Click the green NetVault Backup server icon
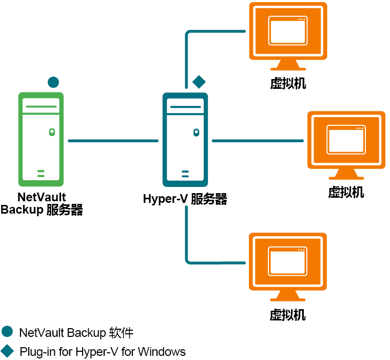point(41,139)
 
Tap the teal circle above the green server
point(53,82)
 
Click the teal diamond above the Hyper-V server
point(199,81)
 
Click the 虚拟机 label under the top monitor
point(288,83)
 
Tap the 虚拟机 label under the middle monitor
point(346,192)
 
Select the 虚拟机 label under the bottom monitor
point(287,314)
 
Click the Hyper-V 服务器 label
point(185,199)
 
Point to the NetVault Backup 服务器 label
point(42,204)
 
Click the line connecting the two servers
point(113,140)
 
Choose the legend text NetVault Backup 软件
point(76,332)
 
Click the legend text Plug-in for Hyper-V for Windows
point(102,352)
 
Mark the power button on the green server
point(51,132)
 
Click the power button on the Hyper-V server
point(196,132)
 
